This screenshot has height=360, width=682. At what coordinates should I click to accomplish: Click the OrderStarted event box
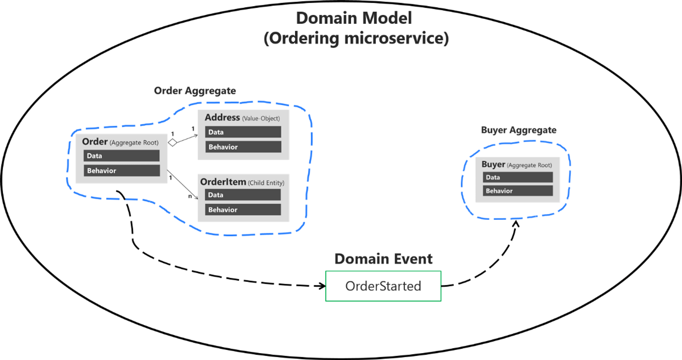(x=383, y=286)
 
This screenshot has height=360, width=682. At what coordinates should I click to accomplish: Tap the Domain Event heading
(x=383, y=259)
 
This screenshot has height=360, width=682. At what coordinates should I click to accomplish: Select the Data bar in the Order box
(x=121, y=156)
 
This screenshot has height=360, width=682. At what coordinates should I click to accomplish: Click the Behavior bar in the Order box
(x=121, y=170)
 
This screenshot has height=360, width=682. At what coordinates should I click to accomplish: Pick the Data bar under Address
(x=243, y=132)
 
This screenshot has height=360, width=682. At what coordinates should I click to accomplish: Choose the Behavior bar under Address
(x=243, y=147)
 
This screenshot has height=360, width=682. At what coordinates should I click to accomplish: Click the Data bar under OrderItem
(x=242, y=195)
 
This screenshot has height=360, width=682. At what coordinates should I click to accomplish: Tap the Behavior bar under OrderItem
(x=242, y=210)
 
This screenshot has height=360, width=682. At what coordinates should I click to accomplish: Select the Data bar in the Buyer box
(x=517, y=177)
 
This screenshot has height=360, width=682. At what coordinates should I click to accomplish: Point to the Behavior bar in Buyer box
(x=517, y=191)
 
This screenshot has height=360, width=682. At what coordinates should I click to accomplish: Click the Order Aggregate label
(x=195, y=91)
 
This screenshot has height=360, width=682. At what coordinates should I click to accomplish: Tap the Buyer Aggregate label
(x=518, y=130)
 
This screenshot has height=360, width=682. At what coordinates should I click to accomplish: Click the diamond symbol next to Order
(x=173, y=142)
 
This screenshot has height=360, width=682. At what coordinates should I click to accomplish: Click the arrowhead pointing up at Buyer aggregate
(x=516, y=224)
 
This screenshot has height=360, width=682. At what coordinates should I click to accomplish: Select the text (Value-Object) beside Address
(x=261, y=119)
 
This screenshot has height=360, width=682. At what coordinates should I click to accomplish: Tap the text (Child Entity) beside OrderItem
(x=266, y=183)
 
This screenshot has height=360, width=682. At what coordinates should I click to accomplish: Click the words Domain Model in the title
(x=354, y=18)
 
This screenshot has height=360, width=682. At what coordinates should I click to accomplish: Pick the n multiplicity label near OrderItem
(x=190, y=196)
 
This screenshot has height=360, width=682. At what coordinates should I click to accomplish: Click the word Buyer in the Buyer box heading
(x=493, y=164)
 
